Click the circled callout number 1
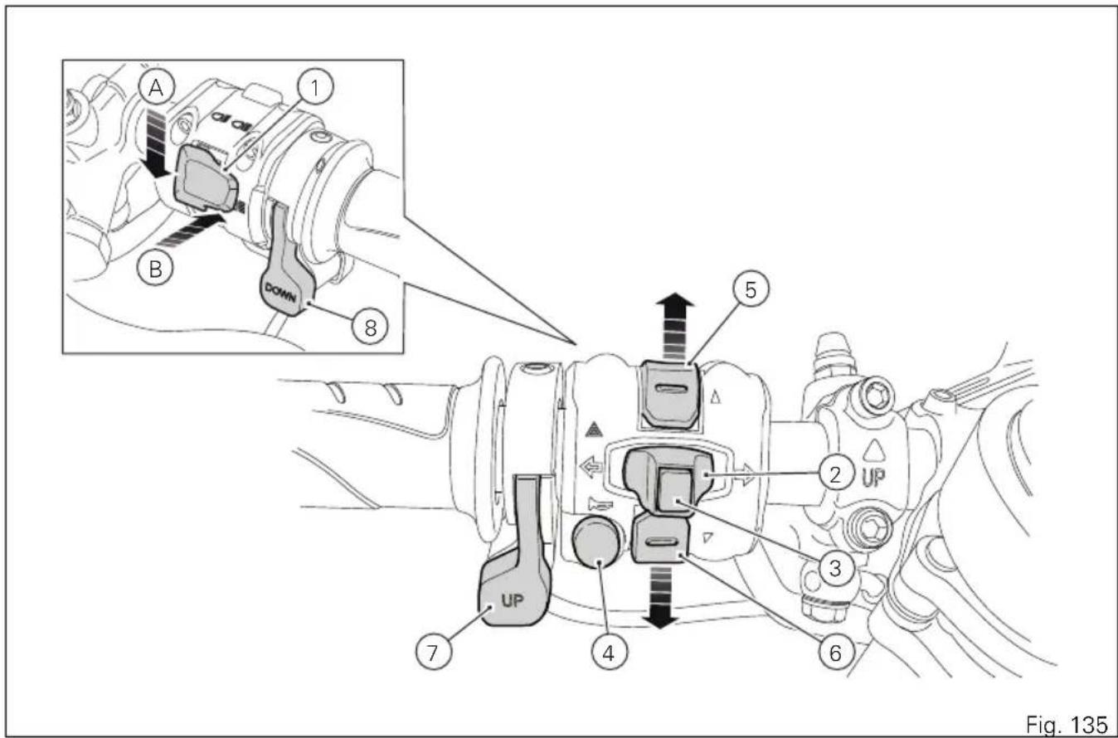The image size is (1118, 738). tap(315, 87)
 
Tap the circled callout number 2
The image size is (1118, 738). tap(835, 474)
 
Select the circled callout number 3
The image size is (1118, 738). tap(835, 568)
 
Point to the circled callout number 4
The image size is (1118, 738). tap(609, 653)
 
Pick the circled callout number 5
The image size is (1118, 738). tap(751, 290)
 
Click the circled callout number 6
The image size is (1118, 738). tap(835, 653)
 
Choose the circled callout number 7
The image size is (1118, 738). tap(433, 652)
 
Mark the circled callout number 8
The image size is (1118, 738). tap(370, 328)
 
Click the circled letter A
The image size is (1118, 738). tap(156, 89)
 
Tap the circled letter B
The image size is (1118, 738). tap(155, 269)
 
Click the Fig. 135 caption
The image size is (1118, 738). tap(1067, 724)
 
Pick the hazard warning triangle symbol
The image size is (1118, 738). tap(593, 429)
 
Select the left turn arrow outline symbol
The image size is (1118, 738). tap(592, 468)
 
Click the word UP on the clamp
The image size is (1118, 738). tap(873, 478)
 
